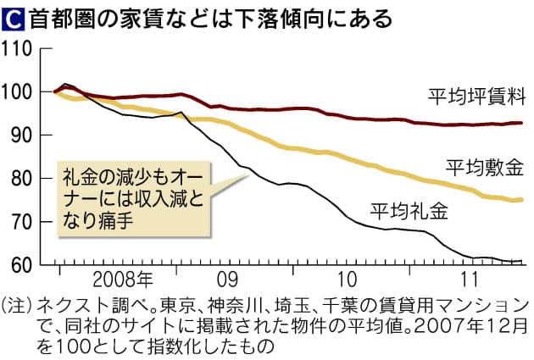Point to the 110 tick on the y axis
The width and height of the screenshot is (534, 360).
coord(19,48)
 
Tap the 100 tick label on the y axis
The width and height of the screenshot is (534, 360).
coord(19,91)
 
